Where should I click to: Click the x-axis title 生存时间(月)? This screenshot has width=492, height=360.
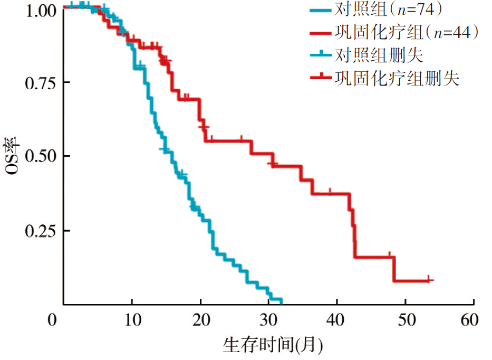coord(273,346)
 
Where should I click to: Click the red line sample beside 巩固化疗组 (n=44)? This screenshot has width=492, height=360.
coord(320,33)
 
